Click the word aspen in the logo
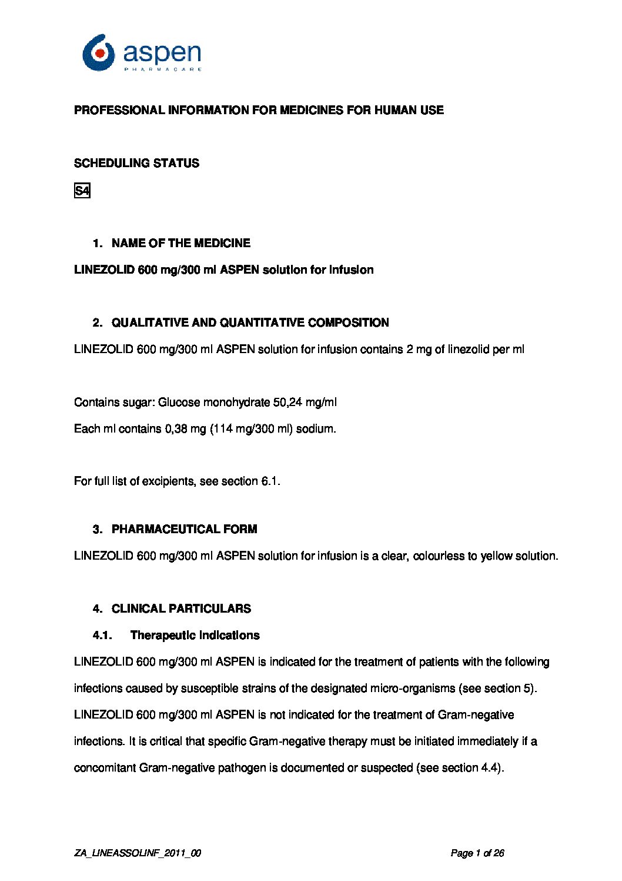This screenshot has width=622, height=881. [x=162, y=54]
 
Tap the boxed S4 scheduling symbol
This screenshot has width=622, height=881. [x=82, y=191]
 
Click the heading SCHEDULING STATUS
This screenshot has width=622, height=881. [x=136, y=163]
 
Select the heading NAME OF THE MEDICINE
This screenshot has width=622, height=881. [x=180, y=243]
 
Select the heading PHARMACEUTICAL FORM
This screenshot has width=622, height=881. [x=184, y=529]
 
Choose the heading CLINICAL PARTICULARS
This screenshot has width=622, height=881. [x=181, y=609]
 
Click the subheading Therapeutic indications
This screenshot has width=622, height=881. [x=195, y=635]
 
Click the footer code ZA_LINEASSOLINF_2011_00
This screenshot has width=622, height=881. [x=138, y=853]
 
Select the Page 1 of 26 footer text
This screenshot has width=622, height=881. [x=477, y=853]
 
